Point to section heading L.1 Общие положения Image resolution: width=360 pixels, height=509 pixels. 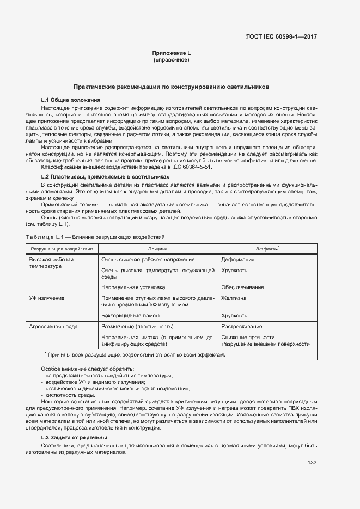click(x=71, y=100)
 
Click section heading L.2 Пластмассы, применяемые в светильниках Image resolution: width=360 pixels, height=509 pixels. click(x=105, y=177)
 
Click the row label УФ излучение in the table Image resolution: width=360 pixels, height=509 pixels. click(x=47, y=298)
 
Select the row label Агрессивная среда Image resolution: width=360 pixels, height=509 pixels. click(x=53, y=327)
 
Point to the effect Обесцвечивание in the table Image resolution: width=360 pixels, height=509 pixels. click(x=242, y=287)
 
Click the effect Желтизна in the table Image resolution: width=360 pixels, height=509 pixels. click(x=234, y=298)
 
